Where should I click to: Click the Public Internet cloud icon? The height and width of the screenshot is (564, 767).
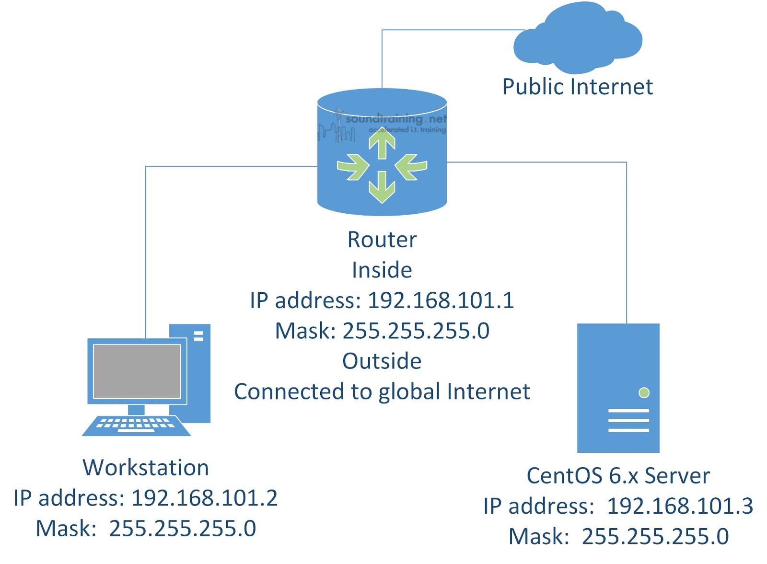578,38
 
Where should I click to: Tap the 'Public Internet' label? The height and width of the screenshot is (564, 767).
577,87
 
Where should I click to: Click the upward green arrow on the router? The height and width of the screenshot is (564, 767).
382,144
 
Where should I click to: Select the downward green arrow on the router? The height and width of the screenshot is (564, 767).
382,188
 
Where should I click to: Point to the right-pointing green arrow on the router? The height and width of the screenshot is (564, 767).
353,166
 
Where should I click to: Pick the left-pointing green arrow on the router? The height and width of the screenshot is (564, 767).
411,166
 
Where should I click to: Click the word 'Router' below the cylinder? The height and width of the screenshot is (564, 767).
382,240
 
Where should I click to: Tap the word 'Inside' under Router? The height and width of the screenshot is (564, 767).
382,270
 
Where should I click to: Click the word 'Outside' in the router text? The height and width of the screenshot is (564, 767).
382,361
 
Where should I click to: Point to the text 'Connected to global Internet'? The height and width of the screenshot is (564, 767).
382,392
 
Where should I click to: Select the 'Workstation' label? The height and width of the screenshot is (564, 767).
146,468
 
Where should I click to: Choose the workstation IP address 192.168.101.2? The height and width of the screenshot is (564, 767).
204,498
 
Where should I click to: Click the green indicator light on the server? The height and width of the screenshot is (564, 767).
644,393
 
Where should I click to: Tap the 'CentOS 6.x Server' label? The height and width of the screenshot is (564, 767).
618,476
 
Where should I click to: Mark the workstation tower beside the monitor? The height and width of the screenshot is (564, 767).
198,374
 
